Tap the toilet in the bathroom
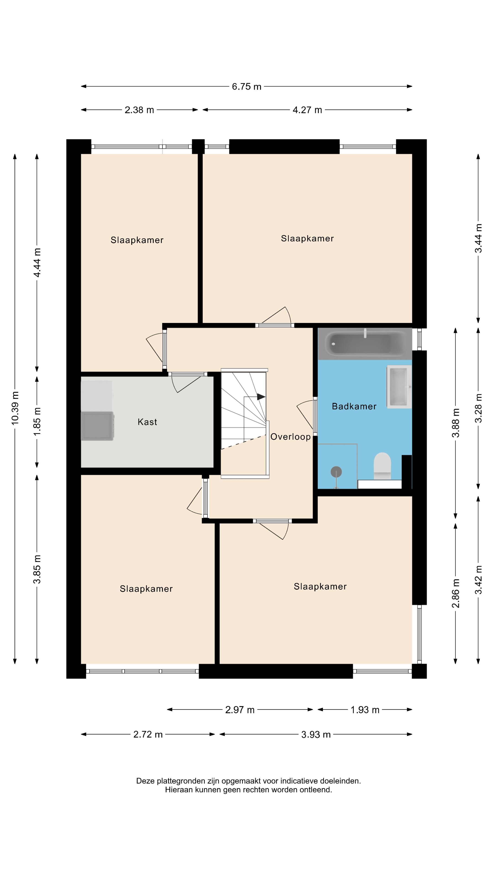pyautogui.click(x=382, y=466)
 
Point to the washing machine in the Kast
pyautogui.click(x=97, y=426)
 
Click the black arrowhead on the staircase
pyautogui.click(x=261, y=397)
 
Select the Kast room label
pyautogui.click(x=147, y=422)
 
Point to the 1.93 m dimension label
pyautogui.click(x=365, y=710)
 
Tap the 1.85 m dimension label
pyautogui.click(x=37, y=421)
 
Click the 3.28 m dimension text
pyautogui.click(x=478, y=408)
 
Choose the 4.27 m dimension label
pyautogui.click(x=307, y=110)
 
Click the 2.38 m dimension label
pyautogui.click(x=139, y=110)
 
